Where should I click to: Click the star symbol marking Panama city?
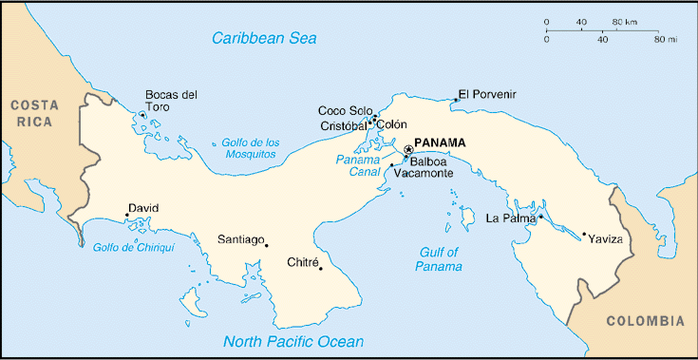pyautogui.click(x=408, y=149)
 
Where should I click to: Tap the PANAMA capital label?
pyautogui.click(x=441, y=142)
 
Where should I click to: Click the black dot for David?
pyautogui.click(x=127, y=216)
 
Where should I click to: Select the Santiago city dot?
pyautogui.click(x=266, y=245)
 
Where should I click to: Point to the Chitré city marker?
pyautogui.click(x=321, y=268)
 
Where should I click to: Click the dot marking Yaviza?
pyautogui.click(x=583, y=234)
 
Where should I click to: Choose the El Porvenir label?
pyautogui.click(x=488, y=94)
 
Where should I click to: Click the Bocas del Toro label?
pyautogui.click(x=171, y=101)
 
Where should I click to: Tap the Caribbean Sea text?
pyautogui.click(x=264, y=39)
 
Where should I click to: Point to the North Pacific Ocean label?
pyautogui.click(x=293, y=342)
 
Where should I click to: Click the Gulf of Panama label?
pyautogui.click(x=438, y=259)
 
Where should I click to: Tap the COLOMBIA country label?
pyautogui.click(x=645, y=320)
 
